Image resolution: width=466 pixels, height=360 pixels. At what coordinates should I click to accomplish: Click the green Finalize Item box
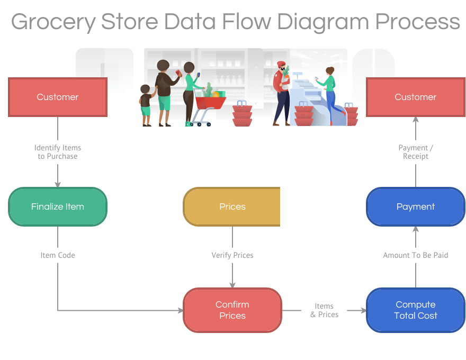click(x=58, y=206)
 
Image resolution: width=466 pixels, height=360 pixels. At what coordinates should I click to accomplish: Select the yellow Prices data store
click(x=232, y=206)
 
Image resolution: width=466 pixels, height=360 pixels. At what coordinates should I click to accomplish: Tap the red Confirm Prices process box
click(x=232, y=310)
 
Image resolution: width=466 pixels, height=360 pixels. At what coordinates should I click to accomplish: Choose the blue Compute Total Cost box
click(x=416, y=310)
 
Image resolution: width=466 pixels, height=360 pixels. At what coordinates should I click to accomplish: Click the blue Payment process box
click(x=416, y=206)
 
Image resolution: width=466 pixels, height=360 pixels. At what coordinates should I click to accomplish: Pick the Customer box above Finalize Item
click(x=58, y=97)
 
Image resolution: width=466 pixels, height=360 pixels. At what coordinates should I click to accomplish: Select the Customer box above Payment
click(x=416, y=97)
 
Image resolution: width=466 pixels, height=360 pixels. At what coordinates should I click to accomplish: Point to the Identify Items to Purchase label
click(x=58, y=152)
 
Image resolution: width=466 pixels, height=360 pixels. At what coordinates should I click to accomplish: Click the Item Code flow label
click(x=58, y=255)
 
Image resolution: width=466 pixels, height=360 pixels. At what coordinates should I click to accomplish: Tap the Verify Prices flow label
click(x=232, y=255)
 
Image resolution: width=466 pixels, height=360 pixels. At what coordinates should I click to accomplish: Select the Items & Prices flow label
click(x=324, y=310)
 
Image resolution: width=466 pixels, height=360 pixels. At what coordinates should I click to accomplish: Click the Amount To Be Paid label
click(x=416, y=255)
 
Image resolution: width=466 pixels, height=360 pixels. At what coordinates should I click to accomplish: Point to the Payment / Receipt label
click(x=416, y=152)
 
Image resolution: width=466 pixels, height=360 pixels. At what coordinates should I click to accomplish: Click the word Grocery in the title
click(x=53, y=23)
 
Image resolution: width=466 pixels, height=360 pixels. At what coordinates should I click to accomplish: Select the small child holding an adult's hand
click(x=146, y=105)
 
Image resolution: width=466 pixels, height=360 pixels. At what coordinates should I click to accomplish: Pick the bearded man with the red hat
click(x=281, y=94)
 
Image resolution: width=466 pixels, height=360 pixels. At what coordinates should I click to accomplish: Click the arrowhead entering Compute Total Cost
click(x=364, y=310)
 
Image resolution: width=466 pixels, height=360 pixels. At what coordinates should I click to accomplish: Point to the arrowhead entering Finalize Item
click(x=58, y=185)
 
